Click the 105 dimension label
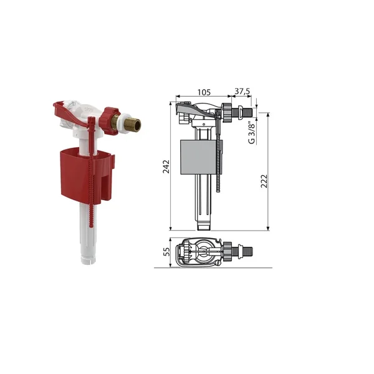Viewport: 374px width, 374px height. (x=204, y=92)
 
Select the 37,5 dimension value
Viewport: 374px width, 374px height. (x=242, y=91)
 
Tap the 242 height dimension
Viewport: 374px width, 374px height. (x=166, y=166)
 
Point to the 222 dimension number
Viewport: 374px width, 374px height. (x=264, y=181)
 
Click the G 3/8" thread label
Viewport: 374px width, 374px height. (x=252, y=133)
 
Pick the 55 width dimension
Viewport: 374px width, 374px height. (x=166, y=252)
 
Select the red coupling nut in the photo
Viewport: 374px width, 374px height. (x=110, y=121)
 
